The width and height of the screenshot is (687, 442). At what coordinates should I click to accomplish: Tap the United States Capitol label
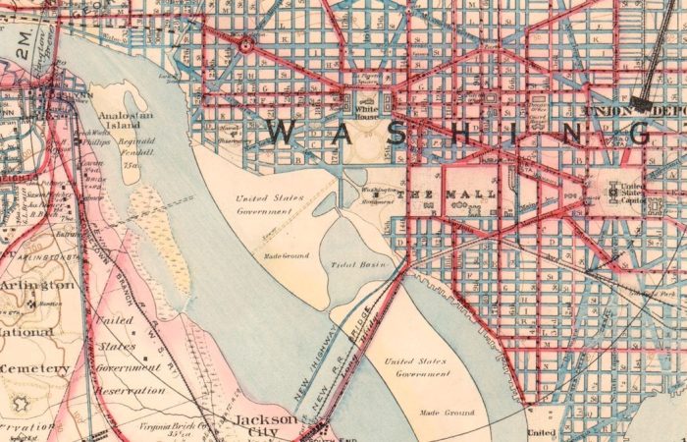632,193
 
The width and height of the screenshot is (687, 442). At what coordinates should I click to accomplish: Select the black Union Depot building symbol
644,101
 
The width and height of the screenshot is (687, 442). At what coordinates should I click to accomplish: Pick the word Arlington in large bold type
37,285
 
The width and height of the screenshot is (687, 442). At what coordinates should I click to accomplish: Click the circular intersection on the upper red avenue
246,45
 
